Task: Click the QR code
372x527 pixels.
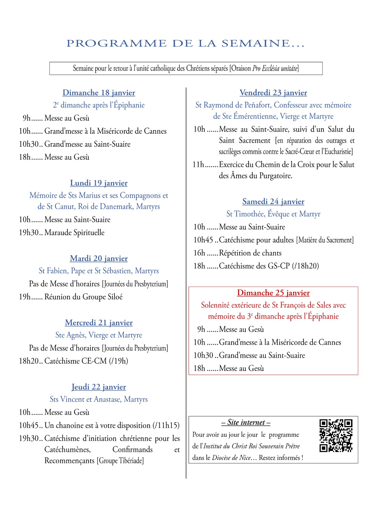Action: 336,435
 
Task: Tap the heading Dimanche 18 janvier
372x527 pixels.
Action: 99,93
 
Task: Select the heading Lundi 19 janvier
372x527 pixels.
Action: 99,183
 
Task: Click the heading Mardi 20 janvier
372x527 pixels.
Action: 99,259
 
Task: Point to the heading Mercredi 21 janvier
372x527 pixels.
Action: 99,323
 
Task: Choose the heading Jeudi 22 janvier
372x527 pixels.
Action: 99,387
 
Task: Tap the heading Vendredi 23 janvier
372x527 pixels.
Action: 273,93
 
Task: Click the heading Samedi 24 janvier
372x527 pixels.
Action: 273,202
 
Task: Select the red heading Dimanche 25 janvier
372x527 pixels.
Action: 273,293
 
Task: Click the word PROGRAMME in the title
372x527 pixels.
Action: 116,43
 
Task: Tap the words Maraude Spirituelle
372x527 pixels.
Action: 74,233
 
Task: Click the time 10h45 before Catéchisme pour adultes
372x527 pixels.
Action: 203,240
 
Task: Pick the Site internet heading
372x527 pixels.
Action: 246,423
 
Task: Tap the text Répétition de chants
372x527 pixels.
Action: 250,253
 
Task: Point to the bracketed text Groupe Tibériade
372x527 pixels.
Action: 120,461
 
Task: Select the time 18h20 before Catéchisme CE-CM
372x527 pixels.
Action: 29,361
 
